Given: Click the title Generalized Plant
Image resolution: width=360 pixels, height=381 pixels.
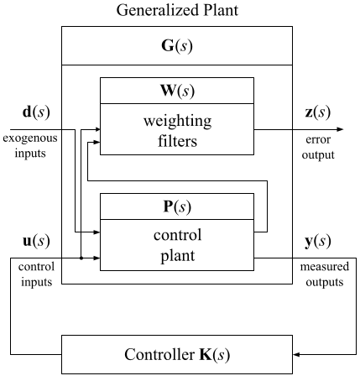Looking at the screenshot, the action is pos(177,11).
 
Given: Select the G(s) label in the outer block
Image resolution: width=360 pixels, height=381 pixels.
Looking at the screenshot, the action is pos(177,46).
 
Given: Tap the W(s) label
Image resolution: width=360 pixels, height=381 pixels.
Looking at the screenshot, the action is pos(177,91).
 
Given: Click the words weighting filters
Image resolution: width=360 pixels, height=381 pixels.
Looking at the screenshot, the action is pos(178,131).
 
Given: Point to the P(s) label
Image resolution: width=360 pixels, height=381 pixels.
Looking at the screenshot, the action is pos(177,207).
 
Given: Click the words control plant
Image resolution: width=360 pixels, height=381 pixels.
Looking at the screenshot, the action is pos(178,245).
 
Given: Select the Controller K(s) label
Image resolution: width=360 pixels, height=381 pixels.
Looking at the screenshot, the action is pos(177,355).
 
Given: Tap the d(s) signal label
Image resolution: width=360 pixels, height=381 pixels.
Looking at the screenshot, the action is pos(36,112).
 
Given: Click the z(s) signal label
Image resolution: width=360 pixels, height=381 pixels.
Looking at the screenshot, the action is pos(317,112).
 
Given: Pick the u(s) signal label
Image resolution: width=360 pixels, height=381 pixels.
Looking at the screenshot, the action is pos(36,241).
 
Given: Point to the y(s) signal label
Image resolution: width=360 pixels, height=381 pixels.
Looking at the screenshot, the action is pos(318,242).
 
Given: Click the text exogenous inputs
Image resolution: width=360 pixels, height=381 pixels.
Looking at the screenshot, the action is pos(30,145).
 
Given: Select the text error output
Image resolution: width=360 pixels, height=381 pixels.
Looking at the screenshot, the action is pos(318,147).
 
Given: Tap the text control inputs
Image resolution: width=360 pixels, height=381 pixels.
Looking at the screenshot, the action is pos(36,274).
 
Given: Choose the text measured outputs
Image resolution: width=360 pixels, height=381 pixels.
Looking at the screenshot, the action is pos(325,274).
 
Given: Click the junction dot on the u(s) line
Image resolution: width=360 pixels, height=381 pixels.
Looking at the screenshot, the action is pos(81,258).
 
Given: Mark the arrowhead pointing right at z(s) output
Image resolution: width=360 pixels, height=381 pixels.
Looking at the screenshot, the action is pos(340,129).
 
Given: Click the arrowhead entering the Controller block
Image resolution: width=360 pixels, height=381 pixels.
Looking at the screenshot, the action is pos(296,355).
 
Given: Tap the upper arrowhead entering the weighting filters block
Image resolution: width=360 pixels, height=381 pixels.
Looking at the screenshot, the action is pos(97,129).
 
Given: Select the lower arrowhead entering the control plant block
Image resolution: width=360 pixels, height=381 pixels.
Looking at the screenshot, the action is pos(97,258).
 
